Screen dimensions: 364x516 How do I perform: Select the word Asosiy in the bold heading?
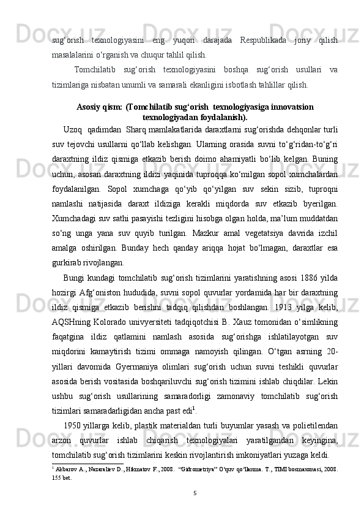point(89,107)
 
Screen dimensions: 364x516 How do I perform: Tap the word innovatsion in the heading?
point(291,107)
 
